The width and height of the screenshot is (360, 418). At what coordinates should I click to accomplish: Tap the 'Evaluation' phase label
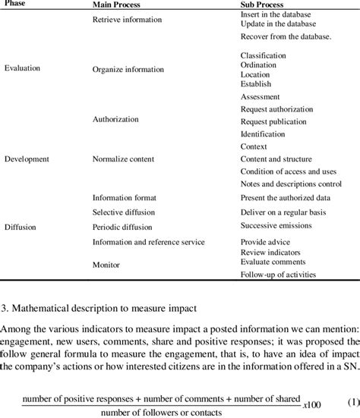pyautogui.click(x=22, y=68)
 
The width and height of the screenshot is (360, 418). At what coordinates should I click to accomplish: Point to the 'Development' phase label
pyautogui.click(x=27, y=159)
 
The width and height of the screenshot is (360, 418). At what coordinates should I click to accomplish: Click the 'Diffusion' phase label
pyautogui.click(x=20, y=226)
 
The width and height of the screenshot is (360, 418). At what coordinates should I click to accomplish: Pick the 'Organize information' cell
pyautogui.click(x=128, y=69)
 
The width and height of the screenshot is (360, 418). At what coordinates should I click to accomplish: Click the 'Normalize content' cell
pyautogui.click(x=123, y=159)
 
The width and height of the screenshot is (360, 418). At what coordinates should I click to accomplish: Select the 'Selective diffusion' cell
pyautogui.click(x=122, y=212)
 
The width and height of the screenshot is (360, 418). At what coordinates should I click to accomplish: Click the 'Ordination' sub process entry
pyautogui.click(x=258, y=65)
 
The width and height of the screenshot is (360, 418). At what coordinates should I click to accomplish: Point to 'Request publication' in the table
pyautogui.click(x=274, y=121)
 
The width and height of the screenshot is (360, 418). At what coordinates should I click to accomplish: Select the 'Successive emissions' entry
pyautogui.click(x=276, y=225)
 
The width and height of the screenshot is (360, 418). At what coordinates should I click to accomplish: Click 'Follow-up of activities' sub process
pyautogui.click(x=278, y=275)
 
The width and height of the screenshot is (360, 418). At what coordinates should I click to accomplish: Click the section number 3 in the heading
pyautogui.click(x=5, y=307)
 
